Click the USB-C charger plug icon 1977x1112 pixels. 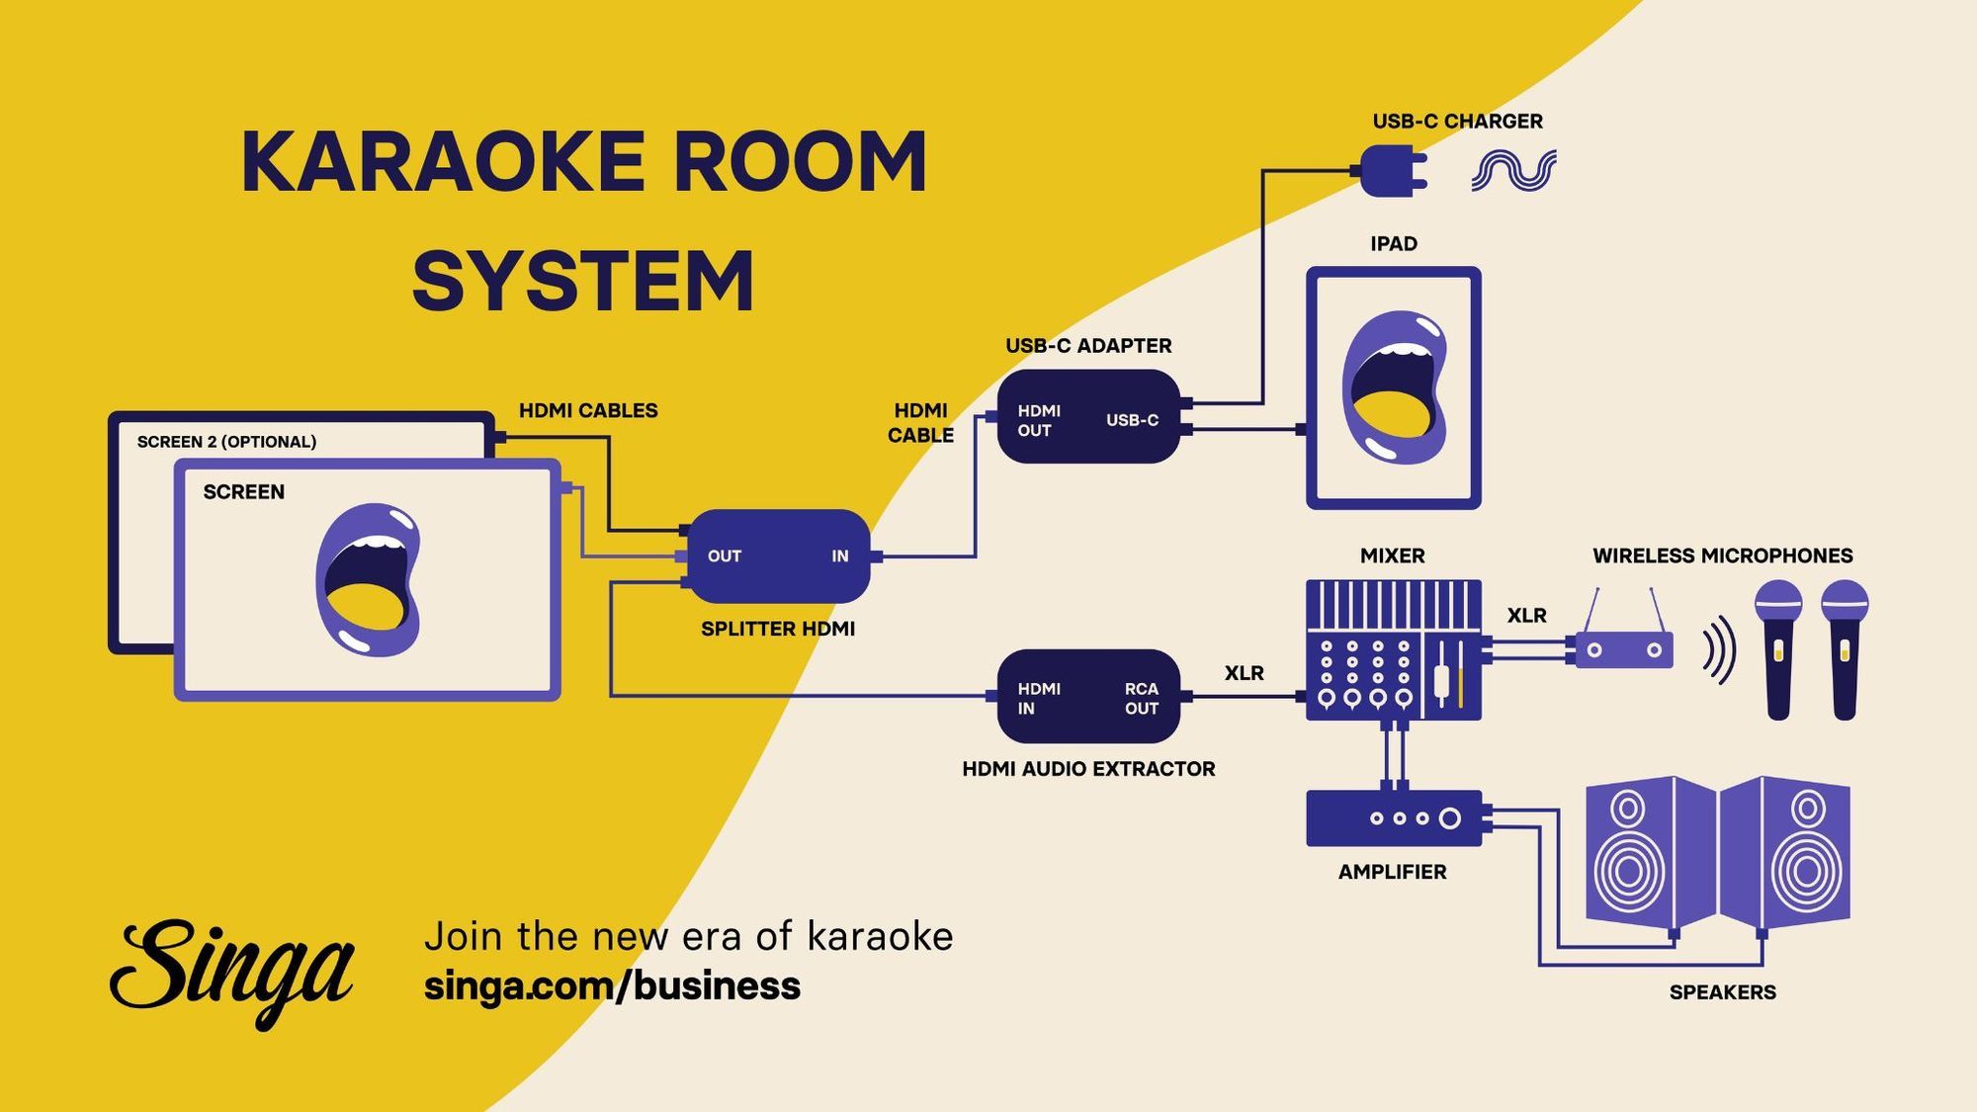pyautogui.click(x=1392, y=171)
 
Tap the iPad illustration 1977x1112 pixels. pyautogui.click(x=1393, y=387)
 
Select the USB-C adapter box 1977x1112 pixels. pyautogui.click(x=1088, y=417)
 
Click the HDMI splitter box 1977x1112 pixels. pyautogui.click(x=779, y=556)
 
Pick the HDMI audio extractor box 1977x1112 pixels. pyautogui.click(x=1088, y=697)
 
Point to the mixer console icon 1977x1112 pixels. pyautogui.click(x=1393, y=649)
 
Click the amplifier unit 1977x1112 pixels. pyautogui.click(x=1394, y=817)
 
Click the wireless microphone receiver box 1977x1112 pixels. pyautogui.click(x=1623, y=649)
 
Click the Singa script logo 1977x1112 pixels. pyautogui.click(x=232, y=972)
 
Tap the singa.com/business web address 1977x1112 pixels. pyautogui.click(x=612, y=986)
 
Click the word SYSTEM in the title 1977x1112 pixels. pyautogui.click(x=583, y=282)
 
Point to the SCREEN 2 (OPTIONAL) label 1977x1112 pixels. pyautogui.click(x=226, y=442)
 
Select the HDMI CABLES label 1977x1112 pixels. pyautogui.click(x=588, y=410)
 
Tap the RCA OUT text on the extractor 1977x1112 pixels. pyautogui.click(x=1141, y=698)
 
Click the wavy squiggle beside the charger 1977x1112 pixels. pyautogui.click(x=1513, y=170)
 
